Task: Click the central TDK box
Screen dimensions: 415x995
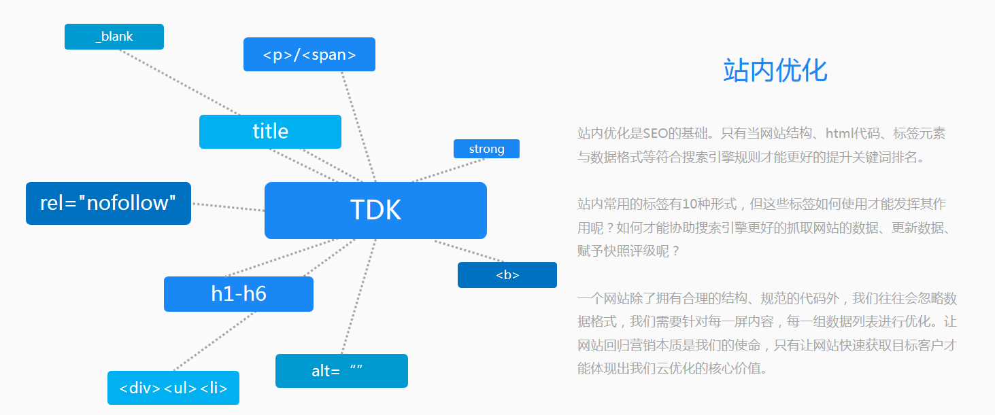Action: tap(375, 211)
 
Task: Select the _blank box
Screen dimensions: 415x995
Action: tap(114, 37)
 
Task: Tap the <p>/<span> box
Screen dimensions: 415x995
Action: tap(309, 54)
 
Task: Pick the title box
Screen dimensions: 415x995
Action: tap(270, 131)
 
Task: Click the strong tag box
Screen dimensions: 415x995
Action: tap(486, 149)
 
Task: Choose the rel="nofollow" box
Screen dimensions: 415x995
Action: tap(108, 203)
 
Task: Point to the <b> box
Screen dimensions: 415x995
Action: tap(507, 275)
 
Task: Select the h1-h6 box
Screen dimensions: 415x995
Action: tap(239, 294)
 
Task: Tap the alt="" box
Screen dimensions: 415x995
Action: tap(341, 371)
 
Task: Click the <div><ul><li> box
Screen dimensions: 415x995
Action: tap(173, 388)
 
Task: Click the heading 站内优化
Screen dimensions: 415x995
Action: tap(775, 71)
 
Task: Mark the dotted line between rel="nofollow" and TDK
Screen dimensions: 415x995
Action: tap(228, 206)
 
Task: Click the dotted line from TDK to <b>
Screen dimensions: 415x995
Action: tap(469, 251)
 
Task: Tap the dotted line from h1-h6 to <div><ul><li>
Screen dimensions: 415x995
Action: tap(214, 341)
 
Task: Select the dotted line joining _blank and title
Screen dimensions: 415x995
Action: tap(180, 82)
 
